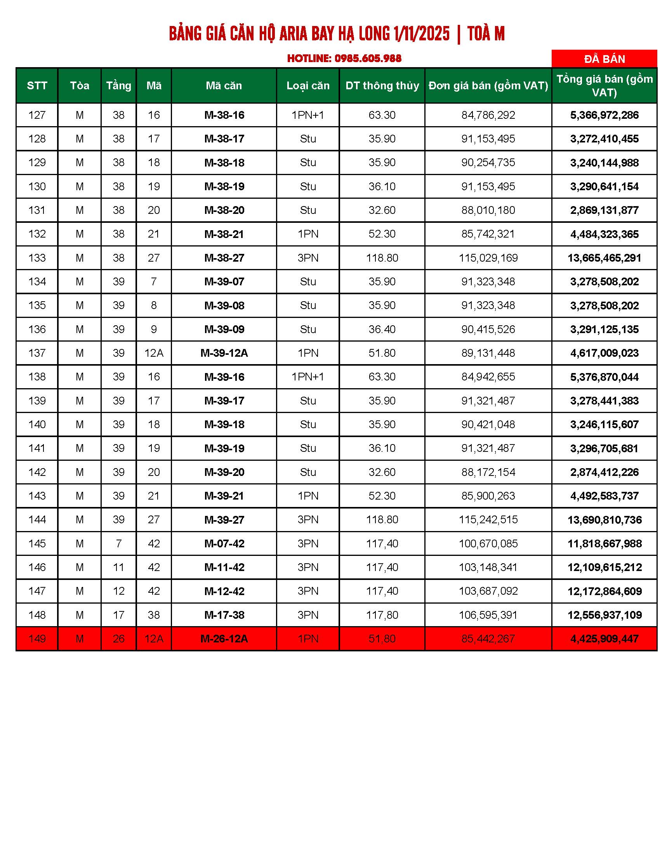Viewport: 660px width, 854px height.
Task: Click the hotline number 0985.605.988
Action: pyautogui.click(x=368, y=59)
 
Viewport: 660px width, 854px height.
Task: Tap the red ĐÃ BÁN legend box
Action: pyautogui.click(x=604, y=59)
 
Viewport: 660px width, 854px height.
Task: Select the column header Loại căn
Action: pyautogui.click(x=308, y=86)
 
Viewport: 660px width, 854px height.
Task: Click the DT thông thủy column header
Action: pyautogui.click(x=382, y=86)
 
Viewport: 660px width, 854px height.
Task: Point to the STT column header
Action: pyautogui.click(x=37, y=86)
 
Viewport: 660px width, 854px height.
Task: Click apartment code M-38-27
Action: pyautogui.click(x=224, y=258)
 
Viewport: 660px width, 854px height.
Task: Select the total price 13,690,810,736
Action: pyautogui.click(x=604, y=520)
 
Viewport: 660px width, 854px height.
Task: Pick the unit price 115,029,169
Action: pyautogui.click(x=488, y=258)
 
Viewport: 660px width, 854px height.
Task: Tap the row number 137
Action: pyautogui.click(x=37, y=353)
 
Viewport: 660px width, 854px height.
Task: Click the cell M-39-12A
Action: pyautogui.click(x=224, y=353)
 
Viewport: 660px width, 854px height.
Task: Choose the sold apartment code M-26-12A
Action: pyautogui.click(x=224, y=639)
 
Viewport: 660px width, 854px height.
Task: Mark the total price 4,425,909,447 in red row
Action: pyautogui.click(x=604, y=639)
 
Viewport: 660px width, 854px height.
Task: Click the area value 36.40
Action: pyautogui.click(x=382, y=329)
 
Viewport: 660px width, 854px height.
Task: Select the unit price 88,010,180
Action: pyautogui.click(x=488, y=210)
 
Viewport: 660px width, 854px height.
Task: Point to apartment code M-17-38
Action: pyautogui.click(x=224, y=615)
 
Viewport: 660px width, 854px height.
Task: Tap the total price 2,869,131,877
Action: pyautogui.click(x=604, y=210)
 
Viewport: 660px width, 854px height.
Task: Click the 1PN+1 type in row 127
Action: pyautogui.click(x=308, y=115)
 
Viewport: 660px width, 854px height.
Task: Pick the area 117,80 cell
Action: pyautogui.click(x=382, y=615)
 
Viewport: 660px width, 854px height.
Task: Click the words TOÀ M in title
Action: pyautogui.click(x=486, y=34)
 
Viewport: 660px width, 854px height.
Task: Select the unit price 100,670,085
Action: pyautogui.click(x=488, y=544)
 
